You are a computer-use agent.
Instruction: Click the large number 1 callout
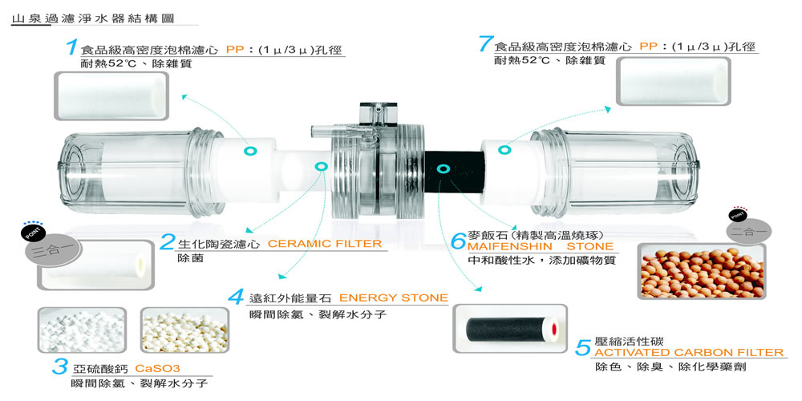tap(72, 47)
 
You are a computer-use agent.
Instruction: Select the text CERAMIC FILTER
tap(325, 244)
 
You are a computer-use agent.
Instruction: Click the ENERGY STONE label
tap(393, 298)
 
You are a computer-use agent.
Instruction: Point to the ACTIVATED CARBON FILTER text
tap(687, 352)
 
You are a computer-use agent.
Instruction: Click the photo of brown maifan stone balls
tap(702, 272)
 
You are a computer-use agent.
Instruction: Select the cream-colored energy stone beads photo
tap(184, 330)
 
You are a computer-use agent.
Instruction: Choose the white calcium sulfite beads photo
tap(83, 330)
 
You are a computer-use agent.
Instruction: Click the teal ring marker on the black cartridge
tap(444, 168)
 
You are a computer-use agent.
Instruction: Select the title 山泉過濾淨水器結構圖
tap(92, 19)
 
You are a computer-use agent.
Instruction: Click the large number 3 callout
tap(60, 367)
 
